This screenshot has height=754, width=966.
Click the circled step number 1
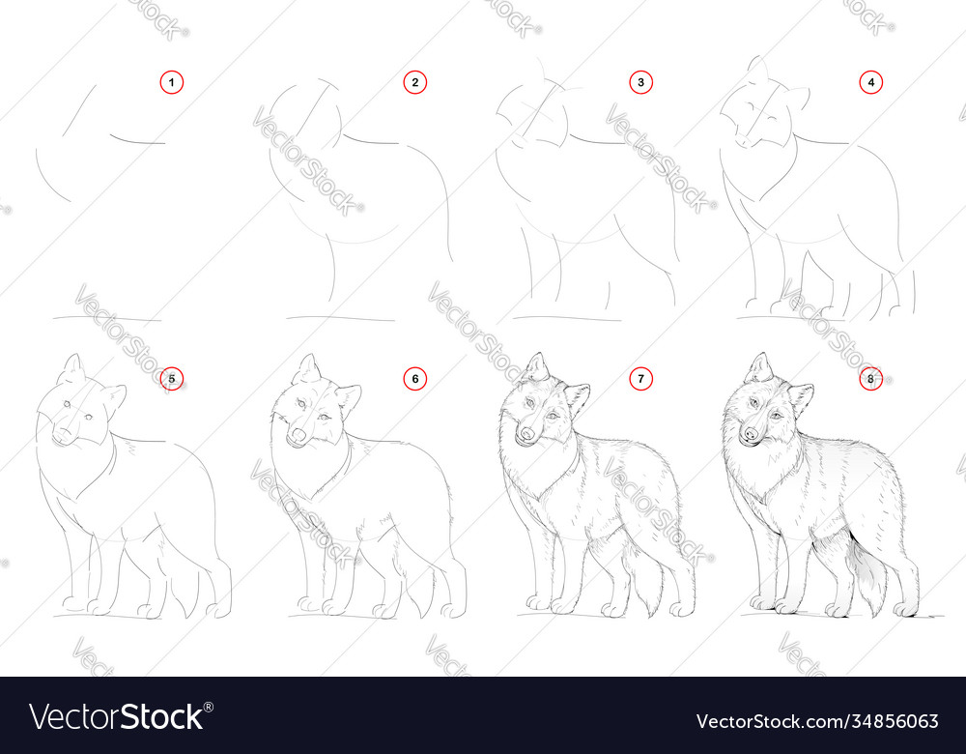point(171,83)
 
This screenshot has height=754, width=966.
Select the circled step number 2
point(414,83)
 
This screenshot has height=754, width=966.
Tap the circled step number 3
point(640,83)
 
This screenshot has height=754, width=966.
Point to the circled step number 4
point(871,83)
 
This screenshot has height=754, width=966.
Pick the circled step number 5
point(171,379)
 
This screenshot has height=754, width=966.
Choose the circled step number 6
point(414,379)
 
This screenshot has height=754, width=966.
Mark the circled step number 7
point(640,379)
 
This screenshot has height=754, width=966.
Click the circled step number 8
point(871,379)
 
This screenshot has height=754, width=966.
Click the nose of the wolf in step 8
point(749,435)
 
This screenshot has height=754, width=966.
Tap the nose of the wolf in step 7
point(525,435)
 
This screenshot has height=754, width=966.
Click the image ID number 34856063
point(898,720)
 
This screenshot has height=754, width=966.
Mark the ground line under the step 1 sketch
point(106,318)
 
